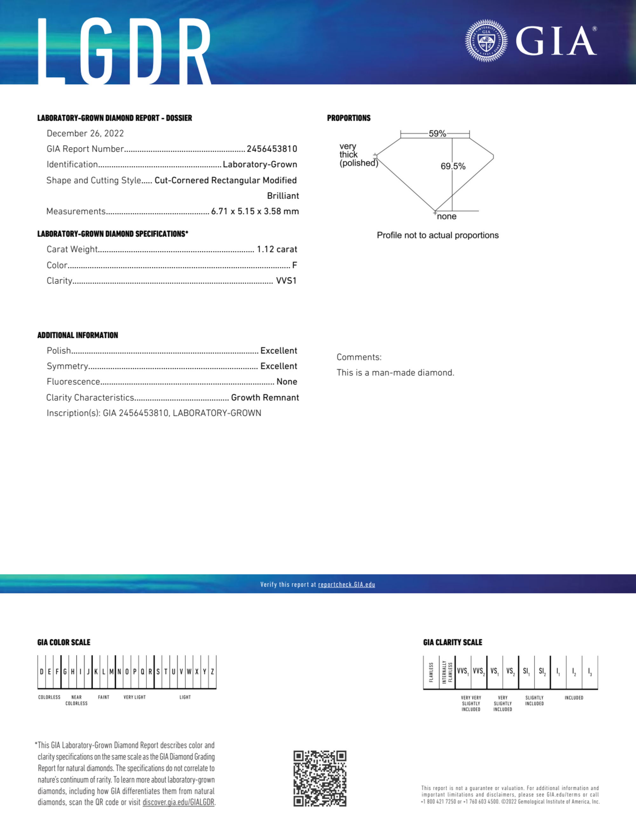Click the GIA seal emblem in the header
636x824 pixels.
[486, 41]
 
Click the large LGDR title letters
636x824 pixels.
[124, 51]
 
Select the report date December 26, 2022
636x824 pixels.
[85, 133]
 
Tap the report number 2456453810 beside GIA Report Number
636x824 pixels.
[272, 149]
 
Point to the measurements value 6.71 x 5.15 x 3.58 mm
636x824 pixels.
[255, 211]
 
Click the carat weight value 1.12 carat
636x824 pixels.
[277, 249]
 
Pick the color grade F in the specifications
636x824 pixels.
[294, 265]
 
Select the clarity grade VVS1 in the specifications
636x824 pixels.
[286, 281]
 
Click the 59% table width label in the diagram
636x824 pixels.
[437, 134]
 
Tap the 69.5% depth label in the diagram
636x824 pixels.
[453, 166]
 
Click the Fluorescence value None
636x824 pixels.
[286, 382]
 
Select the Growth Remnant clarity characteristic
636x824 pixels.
[265, 398]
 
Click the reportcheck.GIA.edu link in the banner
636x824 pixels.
[346, 584]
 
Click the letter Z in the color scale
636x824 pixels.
[212, 672]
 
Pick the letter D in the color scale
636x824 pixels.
[41, 672]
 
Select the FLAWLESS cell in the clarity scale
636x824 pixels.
[431, 672]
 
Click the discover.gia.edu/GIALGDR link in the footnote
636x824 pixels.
[178, 802]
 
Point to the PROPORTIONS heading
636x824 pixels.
[349, 118]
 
